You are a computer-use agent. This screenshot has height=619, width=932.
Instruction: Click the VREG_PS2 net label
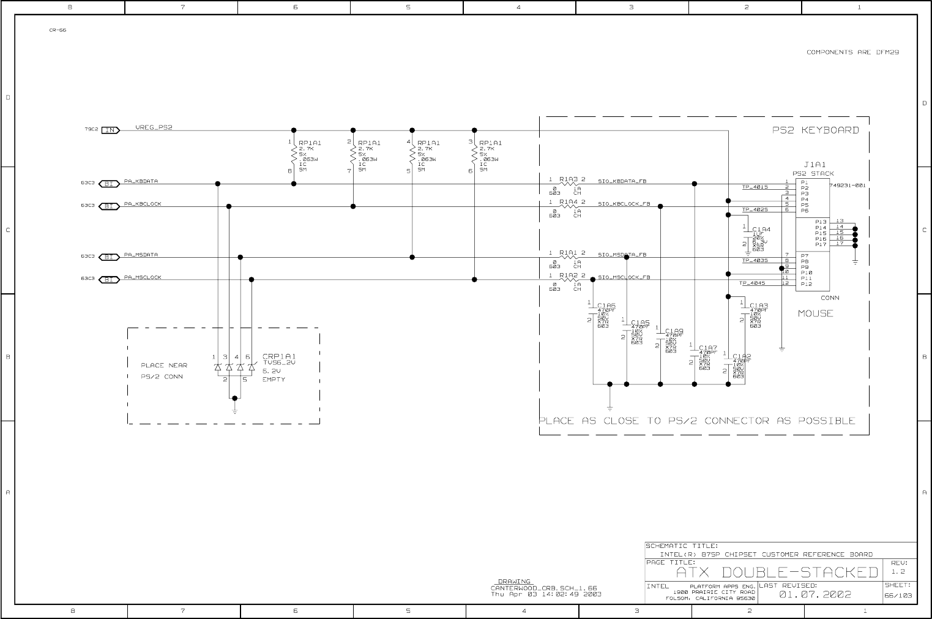tap(154, 128)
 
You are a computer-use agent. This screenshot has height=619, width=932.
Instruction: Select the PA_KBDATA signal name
tap(141, 181)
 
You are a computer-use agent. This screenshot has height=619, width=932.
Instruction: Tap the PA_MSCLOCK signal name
tap(143, 277)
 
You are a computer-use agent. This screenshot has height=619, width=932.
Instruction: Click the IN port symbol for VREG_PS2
tap(110, 130)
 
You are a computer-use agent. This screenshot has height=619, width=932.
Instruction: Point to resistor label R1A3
tap(569, 179)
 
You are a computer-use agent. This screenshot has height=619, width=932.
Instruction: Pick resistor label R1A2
tap(569, 276)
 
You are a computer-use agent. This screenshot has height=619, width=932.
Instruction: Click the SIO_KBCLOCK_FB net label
tap(624, 204)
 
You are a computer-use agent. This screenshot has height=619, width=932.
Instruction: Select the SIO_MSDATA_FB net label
tap(622, 254)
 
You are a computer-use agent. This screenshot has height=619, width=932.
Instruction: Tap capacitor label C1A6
tap(606, 305)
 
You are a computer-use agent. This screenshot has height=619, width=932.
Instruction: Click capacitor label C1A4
tap(761, 230)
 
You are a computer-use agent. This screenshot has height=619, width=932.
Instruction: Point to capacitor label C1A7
tap(708, 348)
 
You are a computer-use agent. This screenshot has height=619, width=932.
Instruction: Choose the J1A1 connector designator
tap(815, 165)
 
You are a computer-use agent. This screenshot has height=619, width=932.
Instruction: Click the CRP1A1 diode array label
tap(279, 356)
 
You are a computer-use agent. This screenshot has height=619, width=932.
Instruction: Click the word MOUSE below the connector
tap(815, 313)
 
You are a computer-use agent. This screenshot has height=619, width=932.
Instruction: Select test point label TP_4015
tap(755, 187)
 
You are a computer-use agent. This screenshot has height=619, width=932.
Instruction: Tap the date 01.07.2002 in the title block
tap(815, 595)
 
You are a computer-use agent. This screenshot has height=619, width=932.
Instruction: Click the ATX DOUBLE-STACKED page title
tap(777, 573)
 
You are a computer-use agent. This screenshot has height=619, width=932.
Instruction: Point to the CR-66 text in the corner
tap(58, 30)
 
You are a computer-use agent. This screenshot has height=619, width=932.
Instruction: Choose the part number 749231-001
tap(848, 185)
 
